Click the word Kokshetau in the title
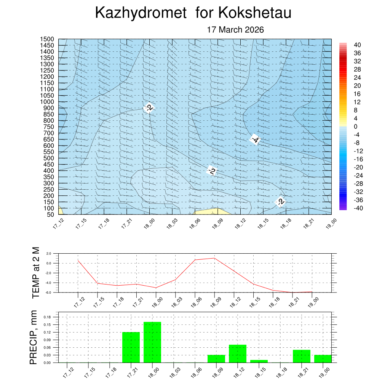[x=255, y=13]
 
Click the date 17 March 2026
[x=235, y=30]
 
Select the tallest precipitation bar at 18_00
[x=152, y=342]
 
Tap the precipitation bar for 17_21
[x=131, y=347]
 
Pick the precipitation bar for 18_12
[x=238, y=354]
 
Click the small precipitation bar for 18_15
[x=259, y=361]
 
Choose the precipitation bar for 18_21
[x=302, y=356]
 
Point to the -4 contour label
[x=255, y=140]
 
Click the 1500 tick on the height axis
[x=47, y=39]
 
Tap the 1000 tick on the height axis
[x=47, y=102]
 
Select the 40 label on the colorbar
[x=357, y=45]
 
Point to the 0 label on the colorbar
[x=356, y=126]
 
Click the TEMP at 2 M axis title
[x=35, y=272]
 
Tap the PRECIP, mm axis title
[x=34, y=338]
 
